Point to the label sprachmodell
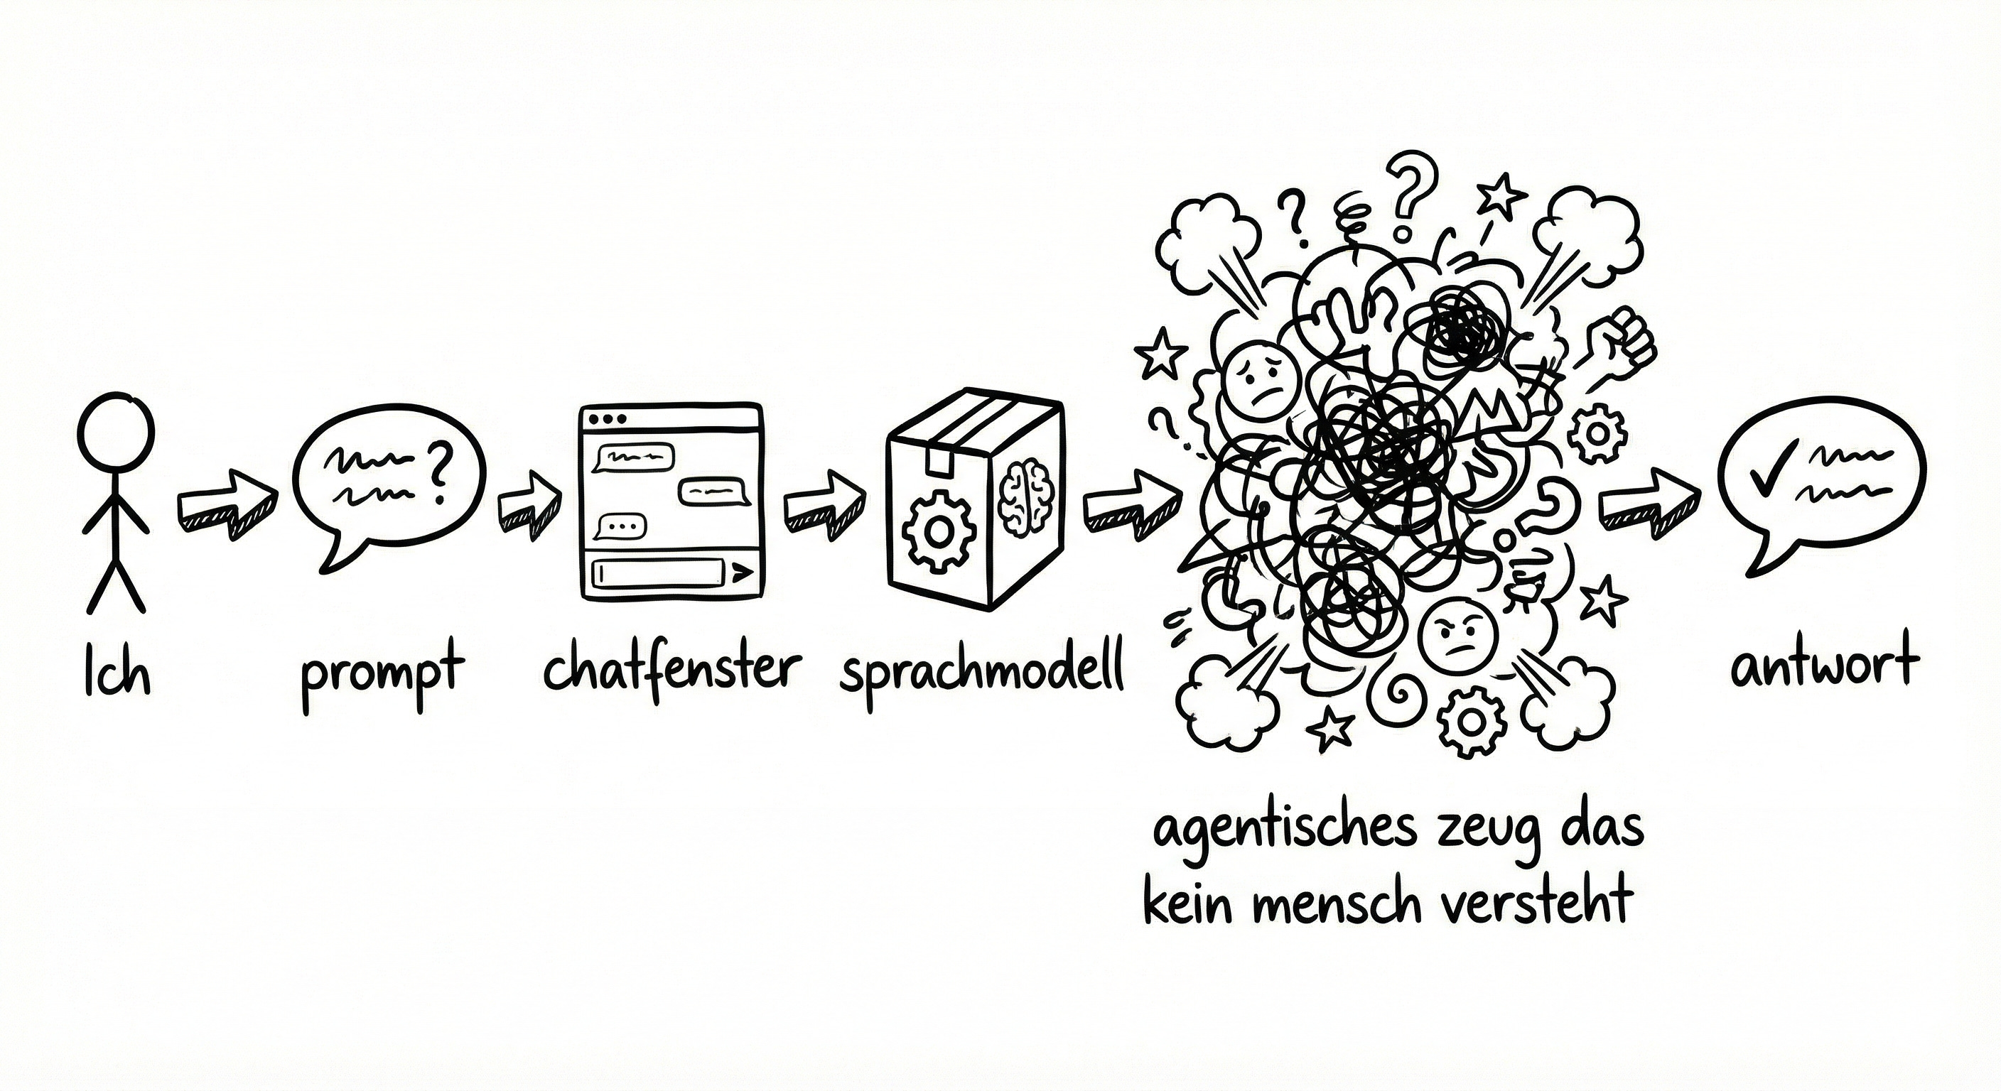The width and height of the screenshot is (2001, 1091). click(983, 671)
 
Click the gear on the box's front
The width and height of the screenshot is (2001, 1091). click(939, 532)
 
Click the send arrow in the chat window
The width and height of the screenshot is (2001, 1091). click(741, 573)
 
